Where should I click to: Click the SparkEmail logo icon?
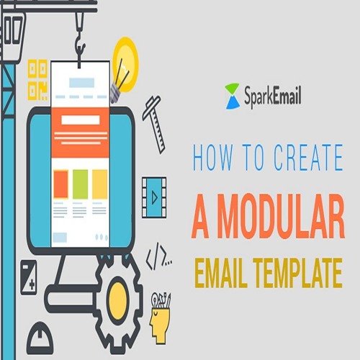tap(233, 96)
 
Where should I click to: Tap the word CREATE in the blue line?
tap(308, 158)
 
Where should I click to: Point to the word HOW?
tap(213, 158)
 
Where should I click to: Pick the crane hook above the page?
tap(80, 45)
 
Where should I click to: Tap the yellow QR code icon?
tap(37, 80)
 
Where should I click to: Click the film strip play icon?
tap(154, 197)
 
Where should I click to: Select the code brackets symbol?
tap(158, 256)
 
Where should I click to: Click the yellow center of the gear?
tap(118, 300)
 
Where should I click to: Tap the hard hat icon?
tap(40, 337)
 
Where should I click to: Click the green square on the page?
tap(80, 184)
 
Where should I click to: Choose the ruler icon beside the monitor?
tap(154, 124)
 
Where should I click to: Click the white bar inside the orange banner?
tap(81, 120)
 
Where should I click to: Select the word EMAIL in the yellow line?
tap(221, 273)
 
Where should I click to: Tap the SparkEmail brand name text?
tap(273, 96)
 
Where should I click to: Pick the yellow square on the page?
tap(99, 184)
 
